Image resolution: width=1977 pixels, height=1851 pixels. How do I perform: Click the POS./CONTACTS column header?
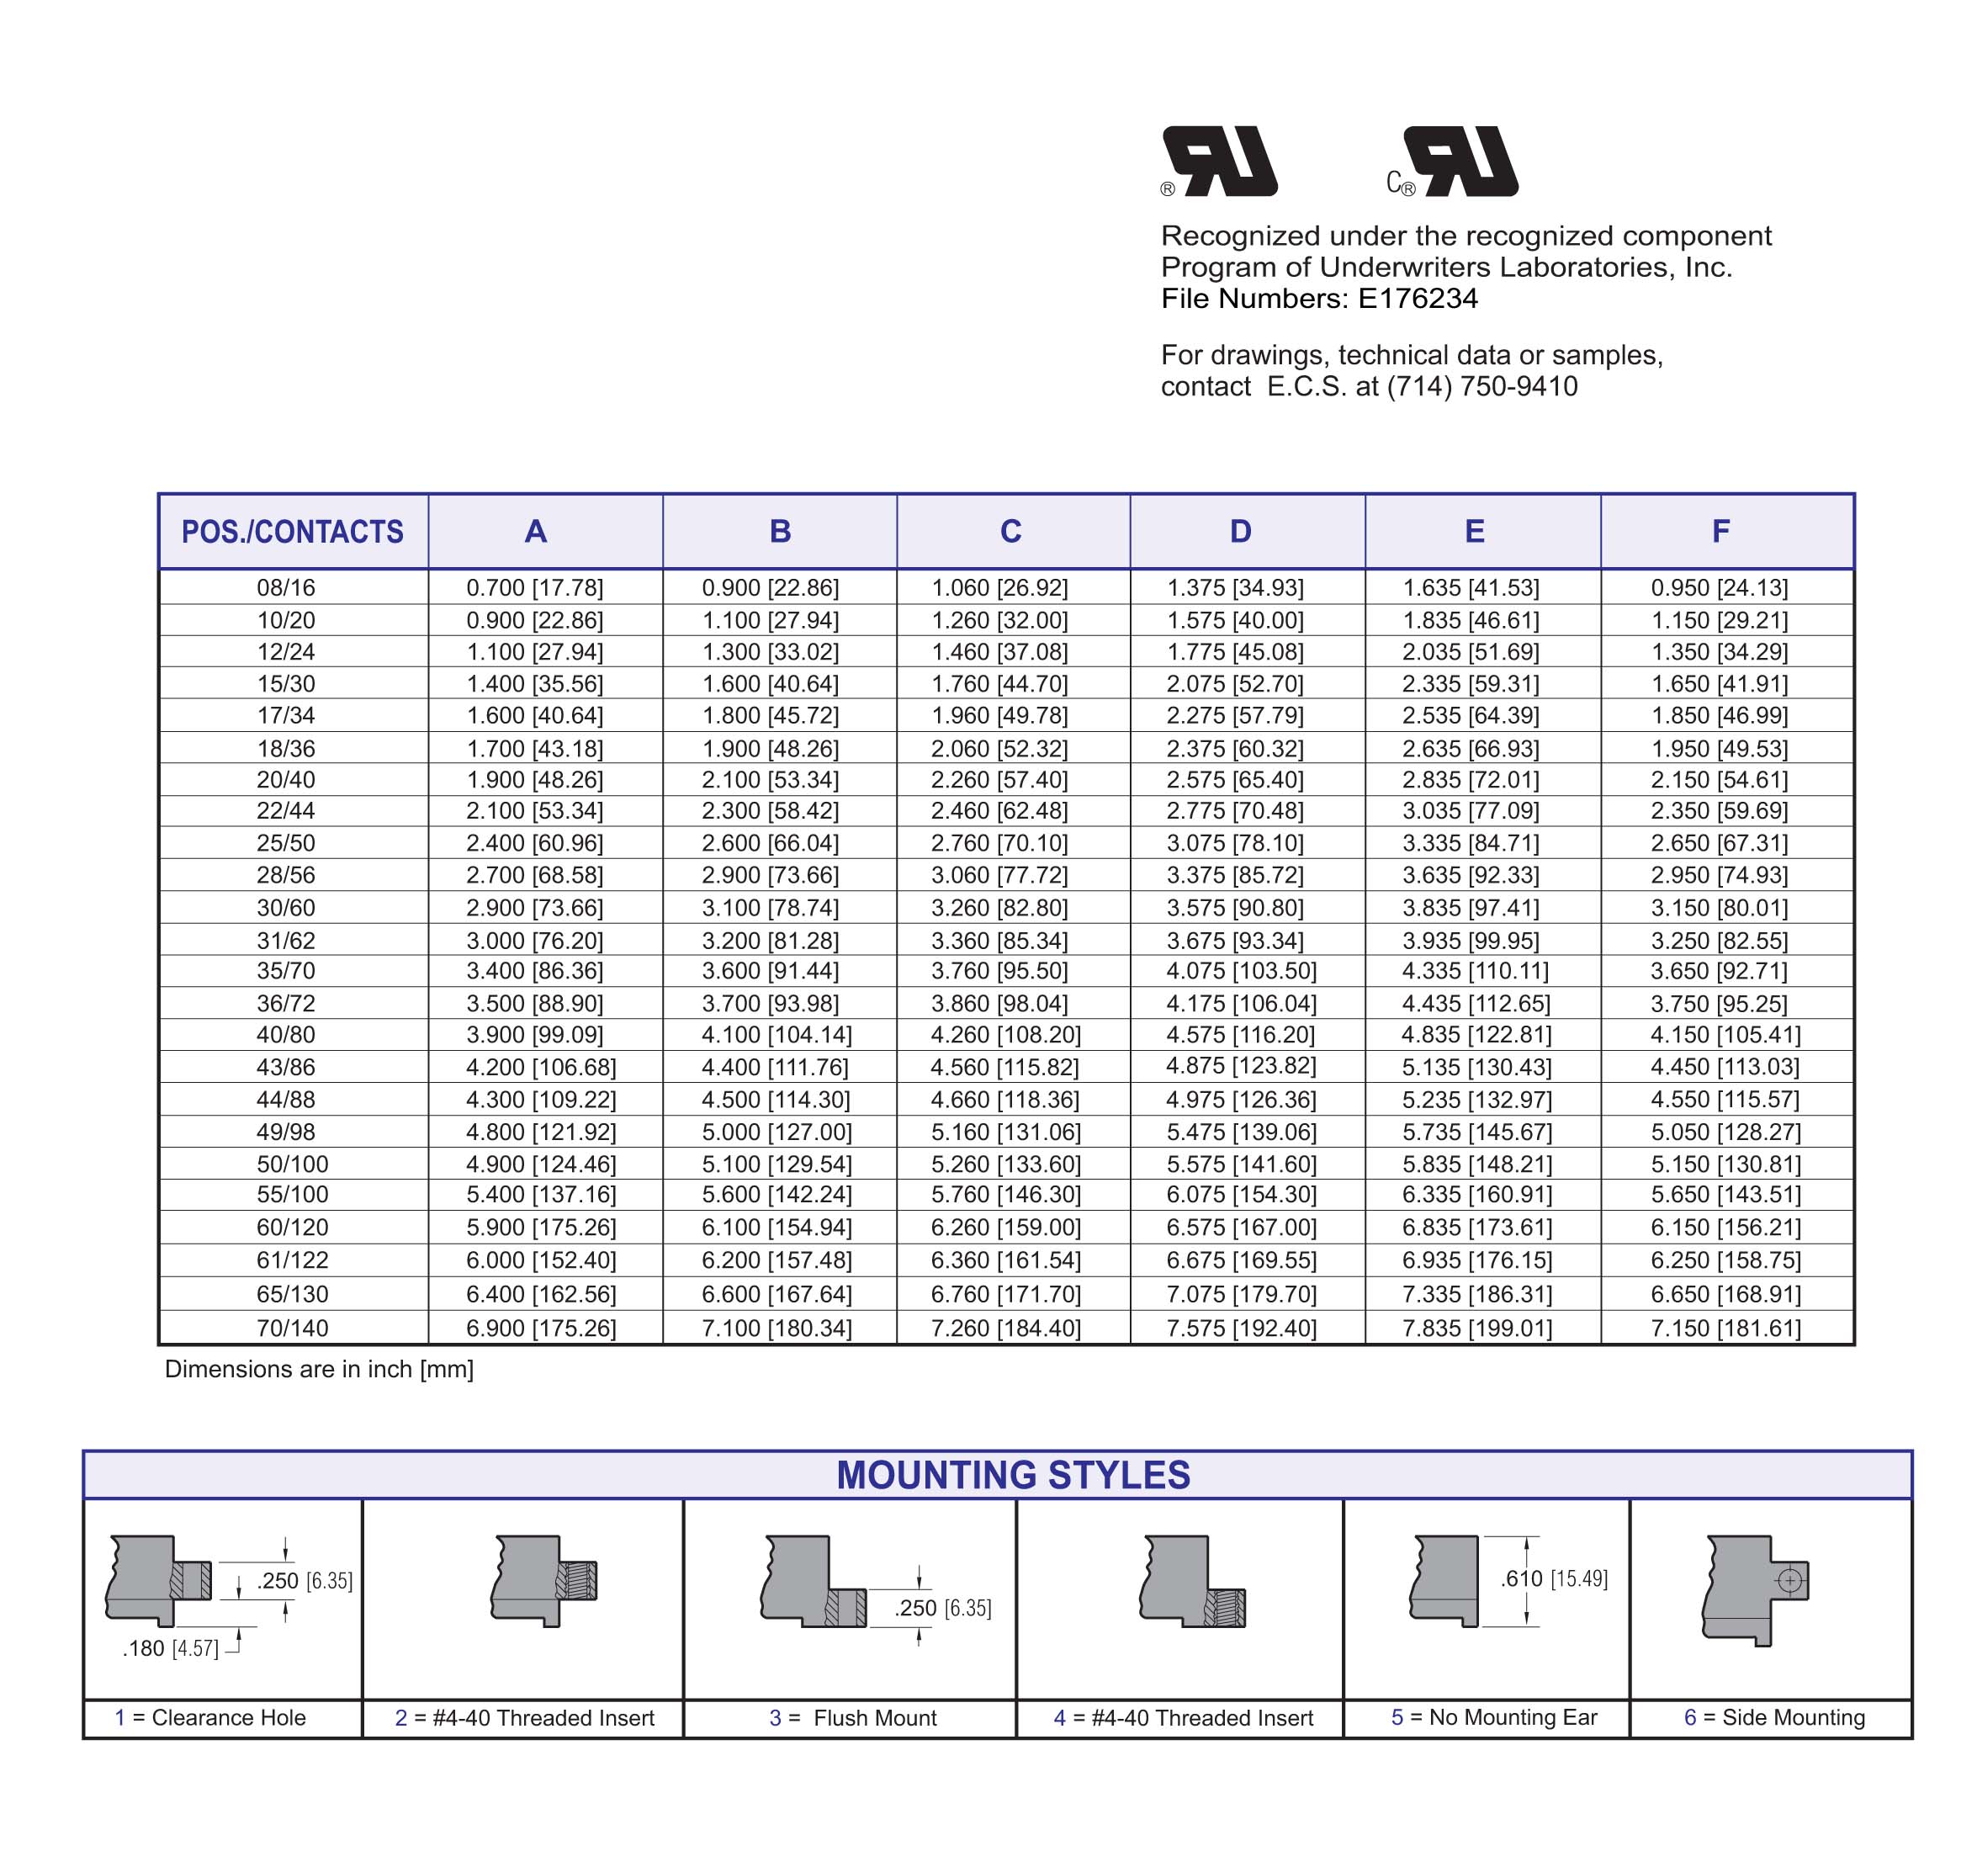pos(293,531)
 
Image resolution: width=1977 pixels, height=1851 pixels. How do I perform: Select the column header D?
pos(1240,531)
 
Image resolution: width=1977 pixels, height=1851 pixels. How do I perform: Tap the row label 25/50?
pos(285,843)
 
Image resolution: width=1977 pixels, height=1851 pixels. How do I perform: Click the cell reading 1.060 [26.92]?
pos(999,588)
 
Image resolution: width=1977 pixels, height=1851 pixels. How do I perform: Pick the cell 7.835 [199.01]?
pos(1476,1328)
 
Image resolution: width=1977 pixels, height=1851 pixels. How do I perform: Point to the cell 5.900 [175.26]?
pos(541,1228)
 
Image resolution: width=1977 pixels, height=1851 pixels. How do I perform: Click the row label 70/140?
pos(293,1328)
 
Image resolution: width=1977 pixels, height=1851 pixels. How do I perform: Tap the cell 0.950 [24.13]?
pos(1720,588)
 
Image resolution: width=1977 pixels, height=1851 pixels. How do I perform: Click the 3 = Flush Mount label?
pos(853,1718)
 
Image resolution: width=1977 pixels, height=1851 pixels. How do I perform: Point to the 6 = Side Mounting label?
pos(1774,1718)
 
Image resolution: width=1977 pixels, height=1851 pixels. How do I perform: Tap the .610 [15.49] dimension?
pos(1553,1578)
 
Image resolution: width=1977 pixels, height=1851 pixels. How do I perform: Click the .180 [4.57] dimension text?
pos(170,1648)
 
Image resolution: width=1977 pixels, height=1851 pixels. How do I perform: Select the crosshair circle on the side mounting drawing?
pos(1789,1580)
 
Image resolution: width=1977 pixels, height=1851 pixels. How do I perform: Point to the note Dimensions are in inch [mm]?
pos(319,1370)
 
